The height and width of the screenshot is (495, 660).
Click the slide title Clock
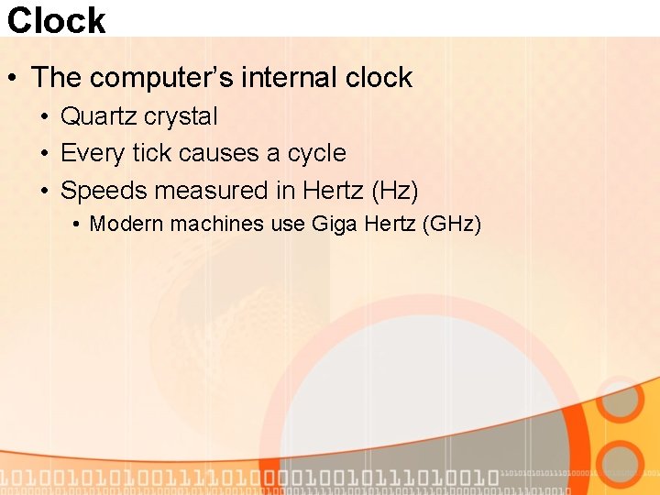tap(57, 19)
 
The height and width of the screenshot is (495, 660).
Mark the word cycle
tap(316, 153)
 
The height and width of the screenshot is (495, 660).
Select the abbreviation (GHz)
tap(450, 224)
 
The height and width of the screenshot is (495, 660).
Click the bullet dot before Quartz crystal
tap(44, 117)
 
